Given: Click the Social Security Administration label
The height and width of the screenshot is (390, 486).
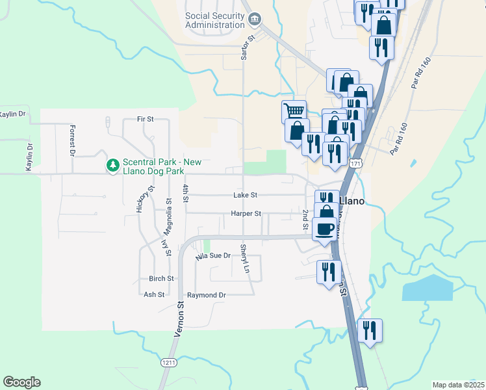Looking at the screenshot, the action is (x=213, y=20).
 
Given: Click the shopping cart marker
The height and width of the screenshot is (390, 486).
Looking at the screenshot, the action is (x=294, y=111).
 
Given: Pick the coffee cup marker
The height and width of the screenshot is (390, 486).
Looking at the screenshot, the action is (x=325, y=229).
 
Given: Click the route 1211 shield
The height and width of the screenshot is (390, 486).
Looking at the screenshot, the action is (x=170, y=362).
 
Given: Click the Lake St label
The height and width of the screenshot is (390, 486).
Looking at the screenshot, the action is (x=246, y=195).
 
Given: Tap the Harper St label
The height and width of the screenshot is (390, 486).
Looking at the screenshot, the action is (x=246, y=213).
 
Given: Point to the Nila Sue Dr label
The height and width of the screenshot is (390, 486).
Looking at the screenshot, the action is (x=213, y=256).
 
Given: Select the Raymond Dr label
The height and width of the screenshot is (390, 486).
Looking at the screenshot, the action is (x=206, y=295).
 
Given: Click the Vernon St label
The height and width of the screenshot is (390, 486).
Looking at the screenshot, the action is (x=180, y=318).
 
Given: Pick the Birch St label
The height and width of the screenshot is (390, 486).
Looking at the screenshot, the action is (x=161, y=278).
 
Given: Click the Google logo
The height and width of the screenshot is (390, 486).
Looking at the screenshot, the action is (x=21, y=382).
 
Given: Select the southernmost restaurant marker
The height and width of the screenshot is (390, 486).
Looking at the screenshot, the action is (x=370, y=330).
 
